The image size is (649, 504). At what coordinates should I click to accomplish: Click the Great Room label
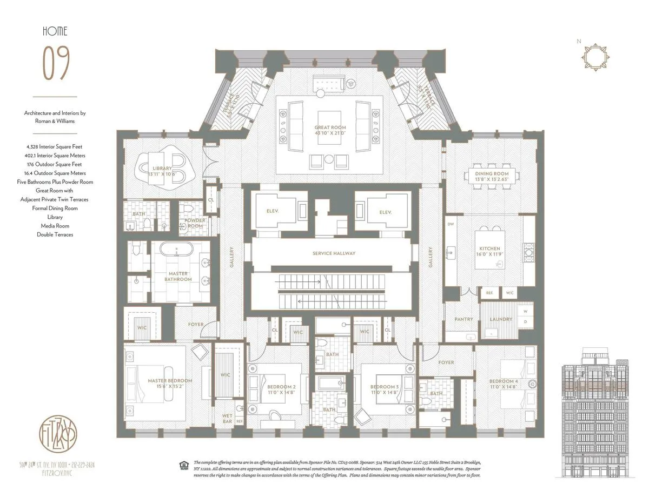pyautogui.click(x=329, y=129)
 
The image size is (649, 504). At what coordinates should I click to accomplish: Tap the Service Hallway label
pyautogui.click(x=334, y=253)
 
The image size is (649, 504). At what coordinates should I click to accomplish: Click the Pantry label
pyautogui.click(x=463, y=319)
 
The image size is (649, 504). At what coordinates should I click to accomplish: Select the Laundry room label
pyautogui.click(x=501, y=319)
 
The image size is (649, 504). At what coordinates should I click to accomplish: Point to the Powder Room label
pyautogui.click(x=195, y=223)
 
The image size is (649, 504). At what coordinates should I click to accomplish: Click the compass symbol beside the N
pyautogui.click(x=594, y=55)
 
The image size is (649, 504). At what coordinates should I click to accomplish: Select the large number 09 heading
pyautogui.click(x=56, y=63)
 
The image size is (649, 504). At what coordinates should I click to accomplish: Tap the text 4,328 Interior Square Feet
pyautogui.click(x=55, y=146)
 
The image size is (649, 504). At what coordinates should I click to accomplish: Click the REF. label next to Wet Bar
pyautogui.click(x=239, y=421)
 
